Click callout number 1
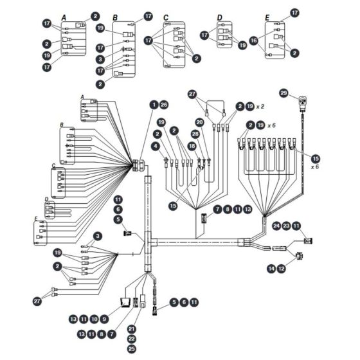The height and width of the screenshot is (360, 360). pyautogui.click(x=154, y=105)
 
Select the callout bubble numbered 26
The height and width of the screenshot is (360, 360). pyautogui.click(x=164, y=105)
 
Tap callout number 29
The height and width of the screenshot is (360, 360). pyautogui.click(x=283, y=93)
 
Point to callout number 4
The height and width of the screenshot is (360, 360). pyautogui.click(x=156, y=146)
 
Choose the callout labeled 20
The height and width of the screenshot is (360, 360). pyautogui.click(x=199, y=122)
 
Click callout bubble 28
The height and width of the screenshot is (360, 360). pyautogui.click(x=195, y=134)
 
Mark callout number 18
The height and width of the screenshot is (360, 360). pyautogui.click(x=192, y=146)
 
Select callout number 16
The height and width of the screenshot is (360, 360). pyautogui.click(x=254, y=40)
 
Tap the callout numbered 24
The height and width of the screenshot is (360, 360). pyautogui.click(x=276, y=226)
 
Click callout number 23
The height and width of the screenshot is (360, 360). pyautogui.click(x=286, y=226)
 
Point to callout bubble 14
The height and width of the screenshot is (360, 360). pyautogui.click(x=271, y=269)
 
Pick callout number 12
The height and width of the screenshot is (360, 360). pyautogui.click(x=282, y=269)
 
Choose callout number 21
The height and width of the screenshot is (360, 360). pyautogui.click(x=131, y=329)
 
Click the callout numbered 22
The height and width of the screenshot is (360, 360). pyautogui.click(x=131, y=339)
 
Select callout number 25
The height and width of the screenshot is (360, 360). pyautogui.click(x=131, y=349)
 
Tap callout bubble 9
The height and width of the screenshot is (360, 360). pyautogui.click(x=104, y=319)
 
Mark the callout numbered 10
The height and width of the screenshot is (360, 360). pyautogui.click(x=94, y=319)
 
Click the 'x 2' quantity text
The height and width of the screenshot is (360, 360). pyautogui.click(x=260, y=107)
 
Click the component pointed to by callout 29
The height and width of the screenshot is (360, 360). pyautogui.click(x=303, y=102)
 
